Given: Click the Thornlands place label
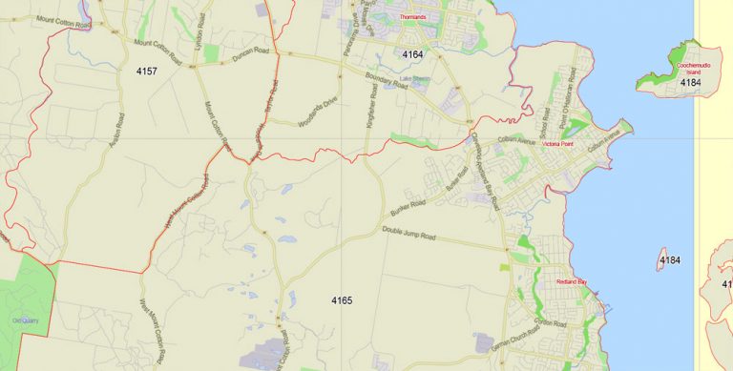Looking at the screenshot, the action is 412,17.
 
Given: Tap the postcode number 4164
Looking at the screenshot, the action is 412,54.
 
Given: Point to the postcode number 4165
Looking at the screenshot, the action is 342,301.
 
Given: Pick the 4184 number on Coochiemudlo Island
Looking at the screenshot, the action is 690,84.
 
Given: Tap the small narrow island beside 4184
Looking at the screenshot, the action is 660,258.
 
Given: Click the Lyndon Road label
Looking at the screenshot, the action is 200,26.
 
